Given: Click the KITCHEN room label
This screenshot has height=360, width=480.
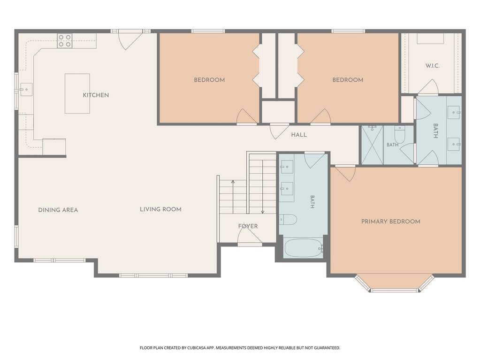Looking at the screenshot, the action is (x=96, y=95).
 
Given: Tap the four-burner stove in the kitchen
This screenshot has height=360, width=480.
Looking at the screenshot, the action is (x=65, y=41).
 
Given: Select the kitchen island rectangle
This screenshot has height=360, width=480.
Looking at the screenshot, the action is (x=77, y=93).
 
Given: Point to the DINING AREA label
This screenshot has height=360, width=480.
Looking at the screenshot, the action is (x=58, y=210).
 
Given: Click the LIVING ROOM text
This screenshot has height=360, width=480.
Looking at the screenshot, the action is (x=161, y=209).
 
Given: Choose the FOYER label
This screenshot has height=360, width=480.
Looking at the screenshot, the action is (x=248, y=226).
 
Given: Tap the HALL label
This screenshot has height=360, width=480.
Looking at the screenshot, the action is (x=299, y=135).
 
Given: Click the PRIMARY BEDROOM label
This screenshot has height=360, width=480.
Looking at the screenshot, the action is (x=390, y=222).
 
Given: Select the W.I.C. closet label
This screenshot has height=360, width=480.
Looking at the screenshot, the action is (x=432, y=66).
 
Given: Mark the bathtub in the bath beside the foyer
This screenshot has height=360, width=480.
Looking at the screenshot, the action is (x=304, y=248).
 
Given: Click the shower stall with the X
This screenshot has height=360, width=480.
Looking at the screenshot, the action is (x=372, y=144).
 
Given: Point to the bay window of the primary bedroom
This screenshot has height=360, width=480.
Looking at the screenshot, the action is (x=395, y=283).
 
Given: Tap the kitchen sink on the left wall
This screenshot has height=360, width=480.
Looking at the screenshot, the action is (x=26, y=89).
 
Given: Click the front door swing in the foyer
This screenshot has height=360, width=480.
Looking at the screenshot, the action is (x=250, y=235).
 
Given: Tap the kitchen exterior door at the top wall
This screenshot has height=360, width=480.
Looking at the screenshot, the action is (x=130, y=39).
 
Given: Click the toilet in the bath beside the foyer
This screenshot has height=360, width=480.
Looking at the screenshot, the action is (x=288, y=220).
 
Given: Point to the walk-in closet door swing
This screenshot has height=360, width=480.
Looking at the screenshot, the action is (x=428, y=87).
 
